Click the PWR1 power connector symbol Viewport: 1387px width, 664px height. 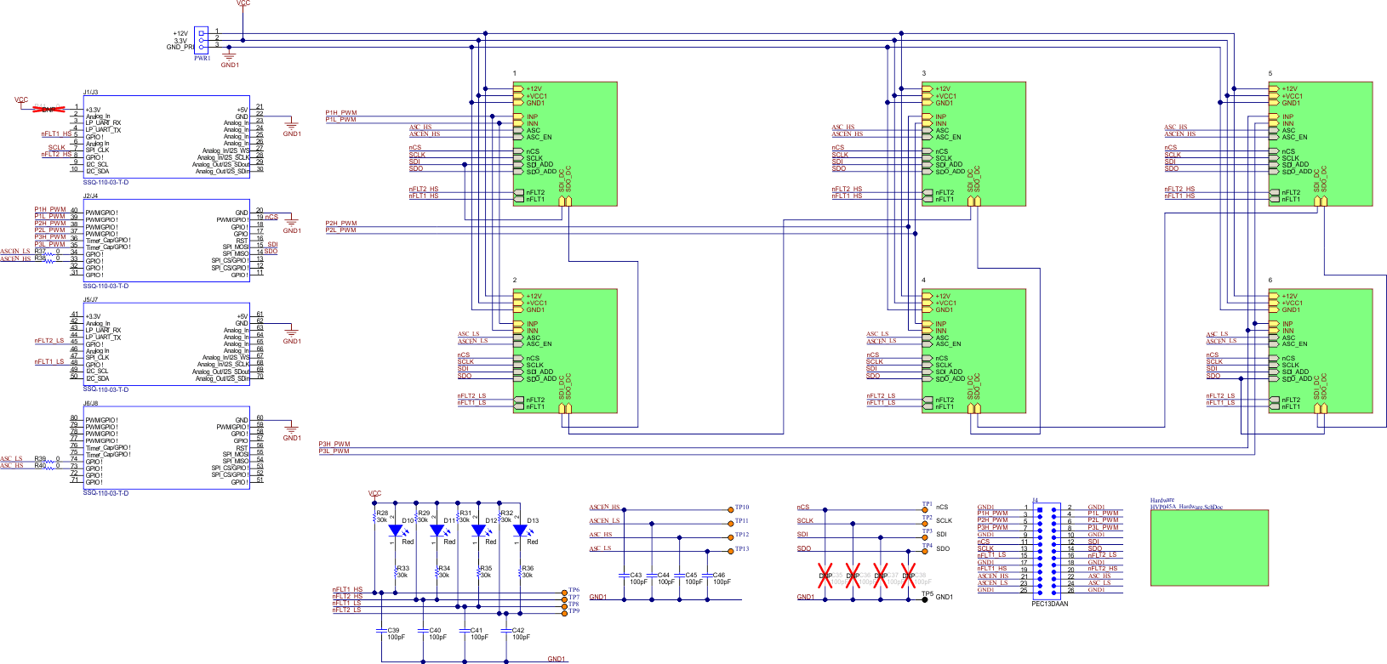click(201, 39)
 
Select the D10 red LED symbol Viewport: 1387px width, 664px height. click(396, 531)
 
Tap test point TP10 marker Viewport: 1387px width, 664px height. click(730, 509)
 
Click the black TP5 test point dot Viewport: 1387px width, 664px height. click(925, 599)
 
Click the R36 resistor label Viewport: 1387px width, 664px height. click(528, 569)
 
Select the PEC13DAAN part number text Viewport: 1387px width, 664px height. click(1049, 604)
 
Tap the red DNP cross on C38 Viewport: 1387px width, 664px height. click(908, 575)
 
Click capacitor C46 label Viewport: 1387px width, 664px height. click(719, 576)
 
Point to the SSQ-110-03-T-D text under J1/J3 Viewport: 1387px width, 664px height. click(106, 182)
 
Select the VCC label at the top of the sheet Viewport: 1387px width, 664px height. click(243, 3)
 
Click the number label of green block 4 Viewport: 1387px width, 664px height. click(923, 280)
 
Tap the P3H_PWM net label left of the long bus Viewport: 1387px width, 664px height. click(334, 444)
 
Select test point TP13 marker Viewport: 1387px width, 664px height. click(730, 551)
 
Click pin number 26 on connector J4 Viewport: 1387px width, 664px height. click(1070, 590)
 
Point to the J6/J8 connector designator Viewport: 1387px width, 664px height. click(90, 403)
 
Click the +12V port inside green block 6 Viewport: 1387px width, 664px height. click(1289, 296)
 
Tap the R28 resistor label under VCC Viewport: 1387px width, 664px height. click(382, 513)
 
